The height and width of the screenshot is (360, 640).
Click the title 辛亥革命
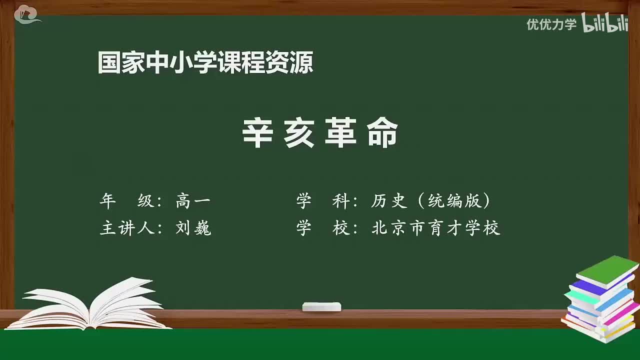(320, 133)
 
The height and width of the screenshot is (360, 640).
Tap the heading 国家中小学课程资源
(205, 63)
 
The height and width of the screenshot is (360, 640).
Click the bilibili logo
(604, 23)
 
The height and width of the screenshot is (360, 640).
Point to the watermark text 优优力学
(551, 24)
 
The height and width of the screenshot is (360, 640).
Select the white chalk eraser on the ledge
(321, 306)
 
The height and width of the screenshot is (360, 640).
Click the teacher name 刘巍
(193, 228)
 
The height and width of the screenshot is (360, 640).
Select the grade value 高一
(193, 201)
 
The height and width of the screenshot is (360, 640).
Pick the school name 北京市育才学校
(435, 228)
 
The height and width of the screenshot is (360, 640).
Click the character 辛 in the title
(257, 133)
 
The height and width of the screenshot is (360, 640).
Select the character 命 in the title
(382, 133)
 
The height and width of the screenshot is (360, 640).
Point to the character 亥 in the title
(299, 133)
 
